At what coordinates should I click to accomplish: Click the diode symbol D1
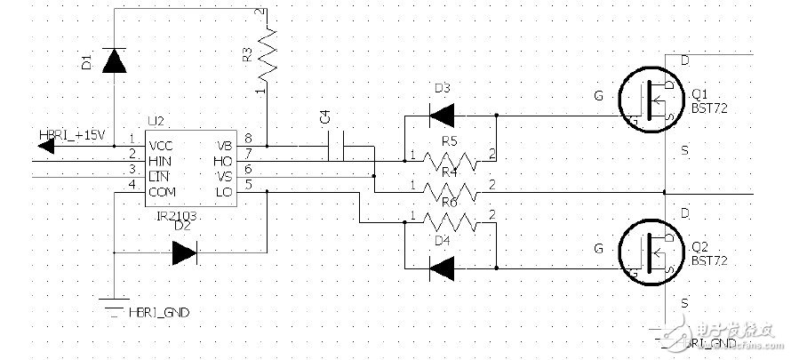(114, 60)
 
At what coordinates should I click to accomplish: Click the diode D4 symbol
(441, 265)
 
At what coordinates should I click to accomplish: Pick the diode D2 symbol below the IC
(184, 253)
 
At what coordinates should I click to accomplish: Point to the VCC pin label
(161, 145)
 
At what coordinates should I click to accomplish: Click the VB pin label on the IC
(224, 145)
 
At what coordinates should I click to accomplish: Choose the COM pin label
(163, 191)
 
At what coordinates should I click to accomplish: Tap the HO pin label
(224, 160)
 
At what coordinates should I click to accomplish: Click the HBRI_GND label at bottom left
(158, 313)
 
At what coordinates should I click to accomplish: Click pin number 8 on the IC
(247, 139)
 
